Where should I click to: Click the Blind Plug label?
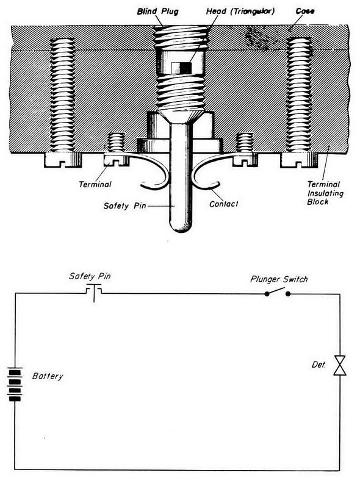(157, 12)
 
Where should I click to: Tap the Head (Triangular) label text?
(240, 12)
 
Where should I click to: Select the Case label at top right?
(304, 12)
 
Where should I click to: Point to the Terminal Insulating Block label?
(325, 193)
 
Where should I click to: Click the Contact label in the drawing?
(223, 204)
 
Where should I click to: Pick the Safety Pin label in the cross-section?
(124, 205)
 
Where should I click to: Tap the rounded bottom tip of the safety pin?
(181, 229)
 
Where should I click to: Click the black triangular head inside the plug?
(185, 68)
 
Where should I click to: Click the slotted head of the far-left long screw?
(63, 160)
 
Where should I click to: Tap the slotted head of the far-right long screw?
(299, 160)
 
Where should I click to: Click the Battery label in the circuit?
(48, 376)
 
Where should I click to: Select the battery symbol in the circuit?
(15, 385)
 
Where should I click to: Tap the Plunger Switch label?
(279, 279)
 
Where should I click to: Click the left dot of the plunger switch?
(267, 294)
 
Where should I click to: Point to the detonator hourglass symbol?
(340, 365)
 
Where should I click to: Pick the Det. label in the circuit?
(319, 365)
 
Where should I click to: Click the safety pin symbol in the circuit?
(93, 292)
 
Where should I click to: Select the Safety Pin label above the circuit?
(90, 276)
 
